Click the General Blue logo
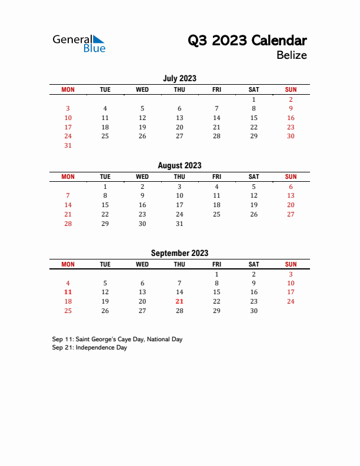pos(79,44)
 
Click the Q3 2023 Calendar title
pos(247,41)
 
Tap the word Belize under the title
pos(291,55)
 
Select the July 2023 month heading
pos(179,78)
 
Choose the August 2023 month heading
pos(179,165)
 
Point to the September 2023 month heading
pos(179,253)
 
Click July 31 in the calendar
pos(68,145)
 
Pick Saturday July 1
pos(254,99)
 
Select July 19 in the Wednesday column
pos(142,127)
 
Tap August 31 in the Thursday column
pos(179,224)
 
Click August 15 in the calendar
pos(105,205)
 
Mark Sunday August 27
pos(291,214)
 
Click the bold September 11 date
pos(68,292)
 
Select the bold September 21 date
pos(179,301)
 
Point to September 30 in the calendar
pos(254,311)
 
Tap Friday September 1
pos(216,274)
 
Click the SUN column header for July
pos(291,89)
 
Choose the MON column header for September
pos(68,265)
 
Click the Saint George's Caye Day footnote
pos(117,339)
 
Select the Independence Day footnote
pos(89,348)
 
